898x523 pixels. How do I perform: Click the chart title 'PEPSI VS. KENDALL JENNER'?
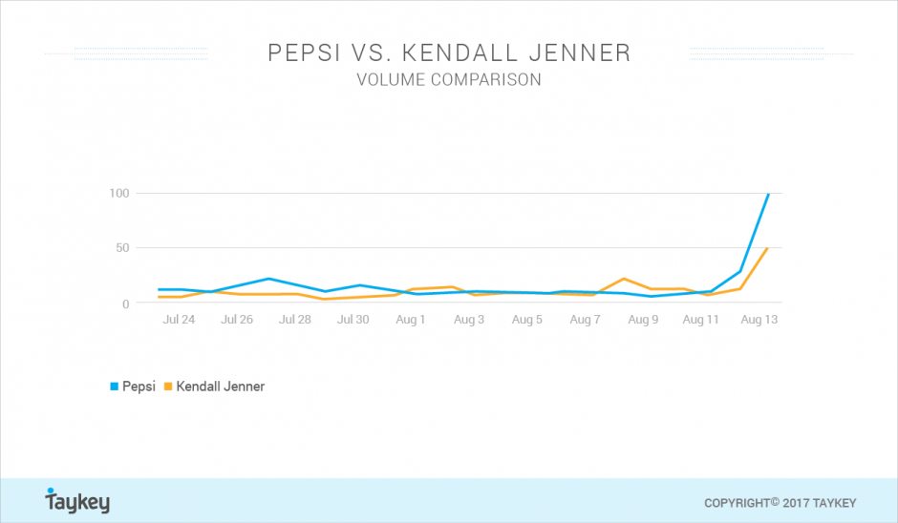click(449, 52)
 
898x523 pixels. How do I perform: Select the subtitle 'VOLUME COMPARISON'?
click(449, 79)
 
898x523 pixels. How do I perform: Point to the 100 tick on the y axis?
click(119, 194)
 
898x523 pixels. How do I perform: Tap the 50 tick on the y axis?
click(122, 248)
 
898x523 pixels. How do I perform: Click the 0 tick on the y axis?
click(126, 303)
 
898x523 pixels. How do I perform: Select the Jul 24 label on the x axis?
click(179, 320)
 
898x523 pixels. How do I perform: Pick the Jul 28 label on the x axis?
click(295, 320)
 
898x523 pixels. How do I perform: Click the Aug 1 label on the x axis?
click(411, 320)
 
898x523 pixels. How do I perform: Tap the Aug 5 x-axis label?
click(527, 320)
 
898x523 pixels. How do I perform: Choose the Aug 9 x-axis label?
click(643, 320)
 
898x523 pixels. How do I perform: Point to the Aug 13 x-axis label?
click(759, 320)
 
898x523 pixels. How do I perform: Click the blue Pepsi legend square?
click(114, 387)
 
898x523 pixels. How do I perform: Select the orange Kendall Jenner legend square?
click(168, 387)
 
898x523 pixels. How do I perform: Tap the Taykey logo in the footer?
click(77, 501)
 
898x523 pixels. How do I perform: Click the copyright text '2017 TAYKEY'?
click(819, 504)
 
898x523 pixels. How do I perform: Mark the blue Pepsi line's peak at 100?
click(768, 194)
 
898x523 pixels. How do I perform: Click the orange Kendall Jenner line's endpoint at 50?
click(767, 248)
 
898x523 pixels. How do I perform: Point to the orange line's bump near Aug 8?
click(624, 279)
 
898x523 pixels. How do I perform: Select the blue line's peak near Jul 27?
click(268, 279)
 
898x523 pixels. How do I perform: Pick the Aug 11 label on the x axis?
click(700, 320)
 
